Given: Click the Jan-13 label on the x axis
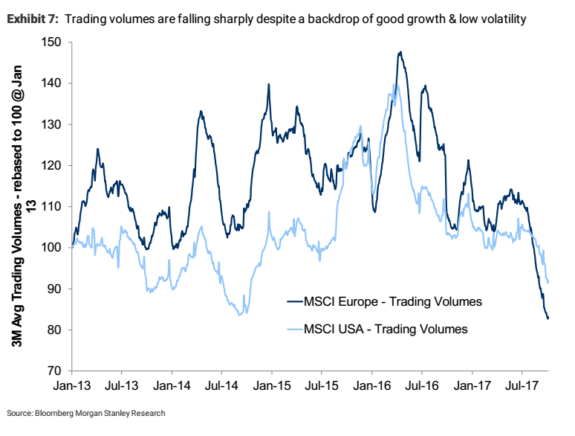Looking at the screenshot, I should (71, 387).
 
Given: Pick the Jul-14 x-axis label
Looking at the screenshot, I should (221, 387).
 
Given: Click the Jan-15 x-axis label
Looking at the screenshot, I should (271, 387).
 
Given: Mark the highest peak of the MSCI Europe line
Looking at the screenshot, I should (400, 52).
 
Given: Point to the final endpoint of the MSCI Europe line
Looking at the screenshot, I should (548, 318).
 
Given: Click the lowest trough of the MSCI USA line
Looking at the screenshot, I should (240, 315).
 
